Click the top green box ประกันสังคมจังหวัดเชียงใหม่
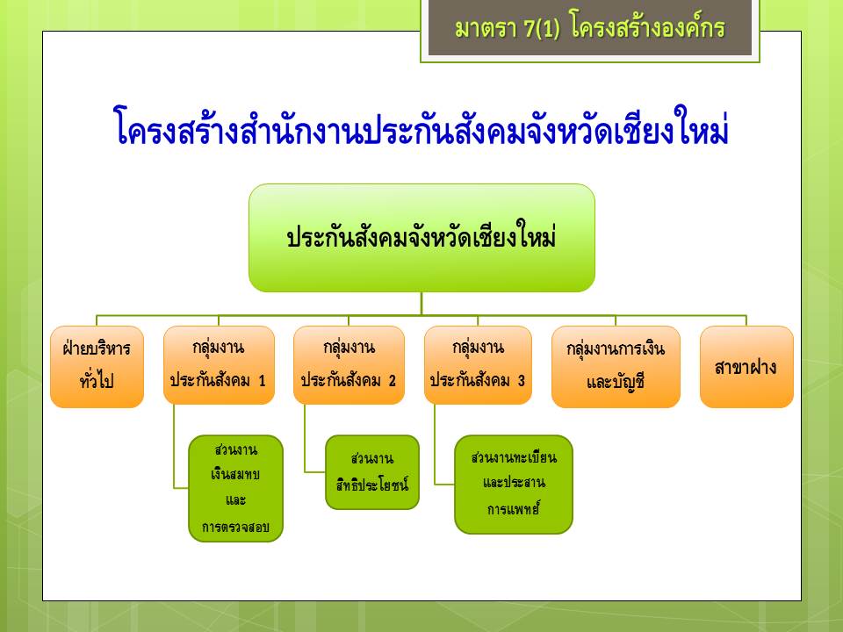point(421,238)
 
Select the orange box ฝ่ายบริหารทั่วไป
point(97,367)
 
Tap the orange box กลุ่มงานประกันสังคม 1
point(219,365)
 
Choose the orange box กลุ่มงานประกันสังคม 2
point(349,365)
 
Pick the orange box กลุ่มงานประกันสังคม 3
point(478,365)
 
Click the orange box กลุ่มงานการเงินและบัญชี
point(616,367)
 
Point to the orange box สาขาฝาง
point(746,367)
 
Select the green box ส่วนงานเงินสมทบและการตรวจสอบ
point(235,489)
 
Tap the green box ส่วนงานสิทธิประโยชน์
point(372,472)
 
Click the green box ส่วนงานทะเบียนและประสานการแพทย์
point(514,485)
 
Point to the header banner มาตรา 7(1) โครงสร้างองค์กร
point(590,28)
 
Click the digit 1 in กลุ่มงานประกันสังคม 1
point(262,381)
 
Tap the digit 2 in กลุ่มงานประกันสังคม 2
point(392,381)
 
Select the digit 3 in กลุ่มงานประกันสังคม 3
point(521,381)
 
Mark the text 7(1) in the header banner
point(542,28)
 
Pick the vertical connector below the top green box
point(421,304)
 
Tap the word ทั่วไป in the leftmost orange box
point(97,380)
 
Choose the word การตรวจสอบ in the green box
point(235,527)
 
